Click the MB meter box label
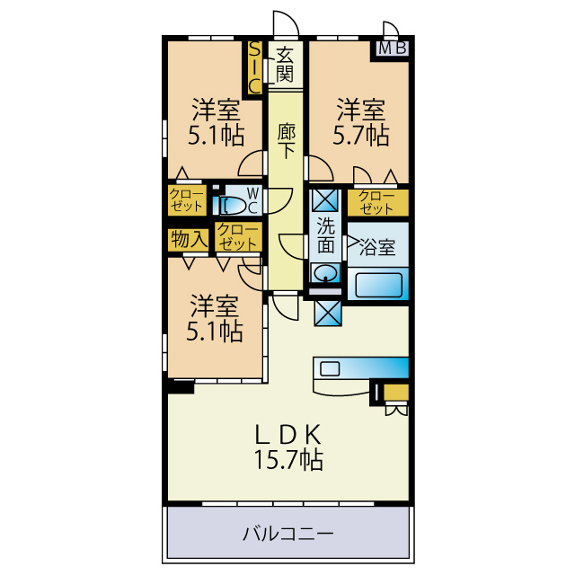point(393,49)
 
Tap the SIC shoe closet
point(254,67)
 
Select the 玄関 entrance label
point(285,65)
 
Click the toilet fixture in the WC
point(230,206)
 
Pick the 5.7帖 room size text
point(361,135)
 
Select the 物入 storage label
point(189,240)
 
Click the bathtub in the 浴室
point(378,285)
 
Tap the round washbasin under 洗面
point(325,273)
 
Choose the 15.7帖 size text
point(289,460)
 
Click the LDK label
point(288,434)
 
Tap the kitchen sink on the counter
point(330,368)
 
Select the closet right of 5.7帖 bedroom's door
point(378,203)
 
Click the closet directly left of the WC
point(187,200)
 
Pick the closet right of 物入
point(238,236)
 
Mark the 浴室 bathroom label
point(377,247)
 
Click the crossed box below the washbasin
point(328,313)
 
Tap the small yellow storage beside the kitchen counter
point(396,393)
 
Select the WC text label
point(252,200)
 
